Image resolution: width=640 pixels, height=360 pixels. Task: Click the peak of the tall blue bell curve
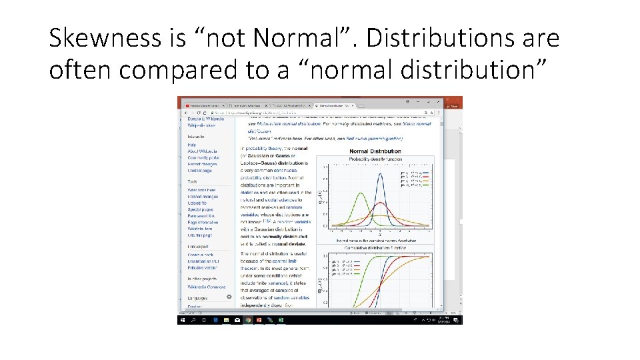[x=381, y=175]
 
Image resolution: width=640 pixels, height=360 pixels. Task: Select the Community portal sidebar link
[x=201, y=157]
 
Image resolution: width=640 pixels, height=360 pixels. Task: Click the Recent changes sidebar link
[x=201, y=164]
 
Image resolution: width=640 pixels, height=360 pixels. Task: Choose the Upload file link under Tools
[x=197, y=203]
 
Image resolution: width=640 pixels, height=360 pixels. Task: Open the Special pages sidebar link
[x=199, y=210]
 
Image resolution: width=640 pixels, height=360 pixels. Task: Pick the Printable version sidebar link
[x=201, y=267]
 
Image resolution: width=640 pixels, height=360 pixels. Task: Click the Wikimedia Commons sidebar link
[x=206, y=287]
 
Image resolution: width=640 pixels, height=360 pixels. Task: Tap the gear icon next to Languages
[x=230, y=297]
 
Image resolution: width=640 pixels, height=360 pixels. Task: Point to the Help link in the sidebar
[x=191, y=144]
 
